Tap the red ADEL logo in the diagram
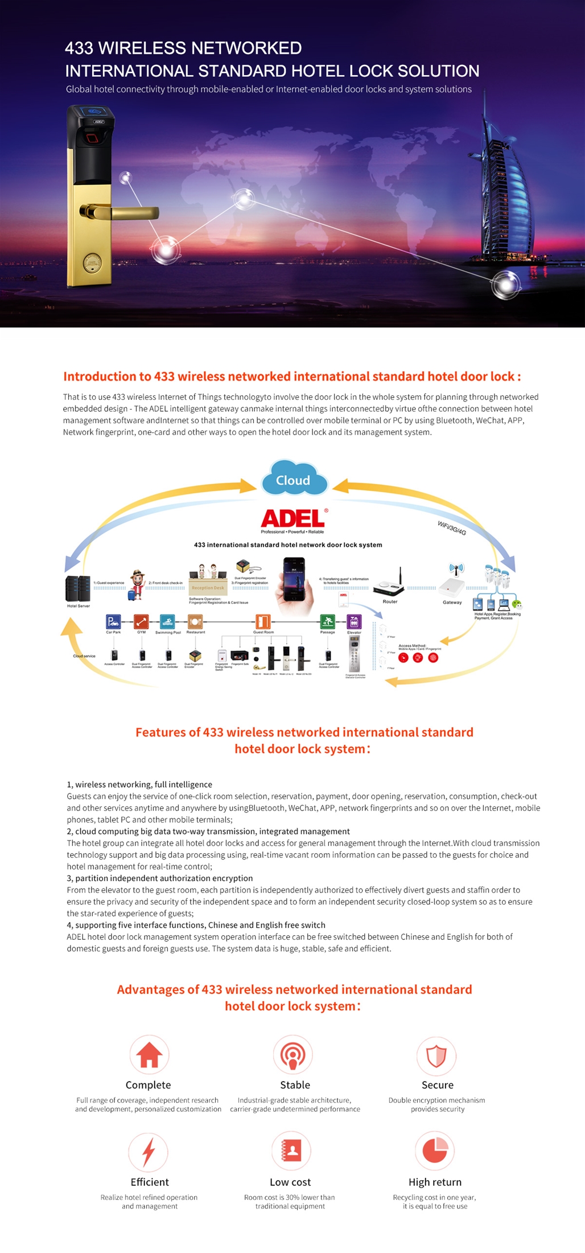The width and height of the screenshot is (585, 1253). point(292,518)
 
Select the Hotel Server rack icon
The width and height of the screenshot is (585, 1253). point(78,589)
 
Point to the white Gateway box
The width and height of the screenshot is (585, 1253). point(452,587)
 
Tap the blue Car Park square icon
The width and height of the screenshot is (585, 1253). point(113,621)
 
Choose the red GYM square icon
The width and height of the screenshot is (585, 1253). point(141,621)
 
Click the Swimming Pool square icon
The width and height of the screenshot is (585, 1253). point(167,621)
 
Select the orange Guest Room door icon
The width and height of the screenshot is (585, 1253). point(263,621)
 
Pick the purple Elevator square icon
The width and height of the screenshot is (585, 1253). point(354,622)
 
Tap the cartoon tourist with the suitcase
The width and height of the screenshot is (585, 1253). point(137,584)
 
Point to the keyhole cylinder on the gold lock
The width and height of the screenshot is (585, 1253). point(93,263)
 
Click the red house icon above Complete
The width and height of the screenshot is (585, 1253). point(149,1054)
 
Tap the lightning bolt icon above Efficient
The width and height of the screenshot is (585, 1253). point(149,1152)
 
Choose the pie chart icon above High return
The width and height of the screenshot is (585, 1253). point(435,1150)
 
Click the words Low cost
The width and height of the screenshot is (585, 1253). point(290,1182)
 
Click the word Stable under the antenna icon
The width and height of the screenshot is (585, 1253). point(295,1085)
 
